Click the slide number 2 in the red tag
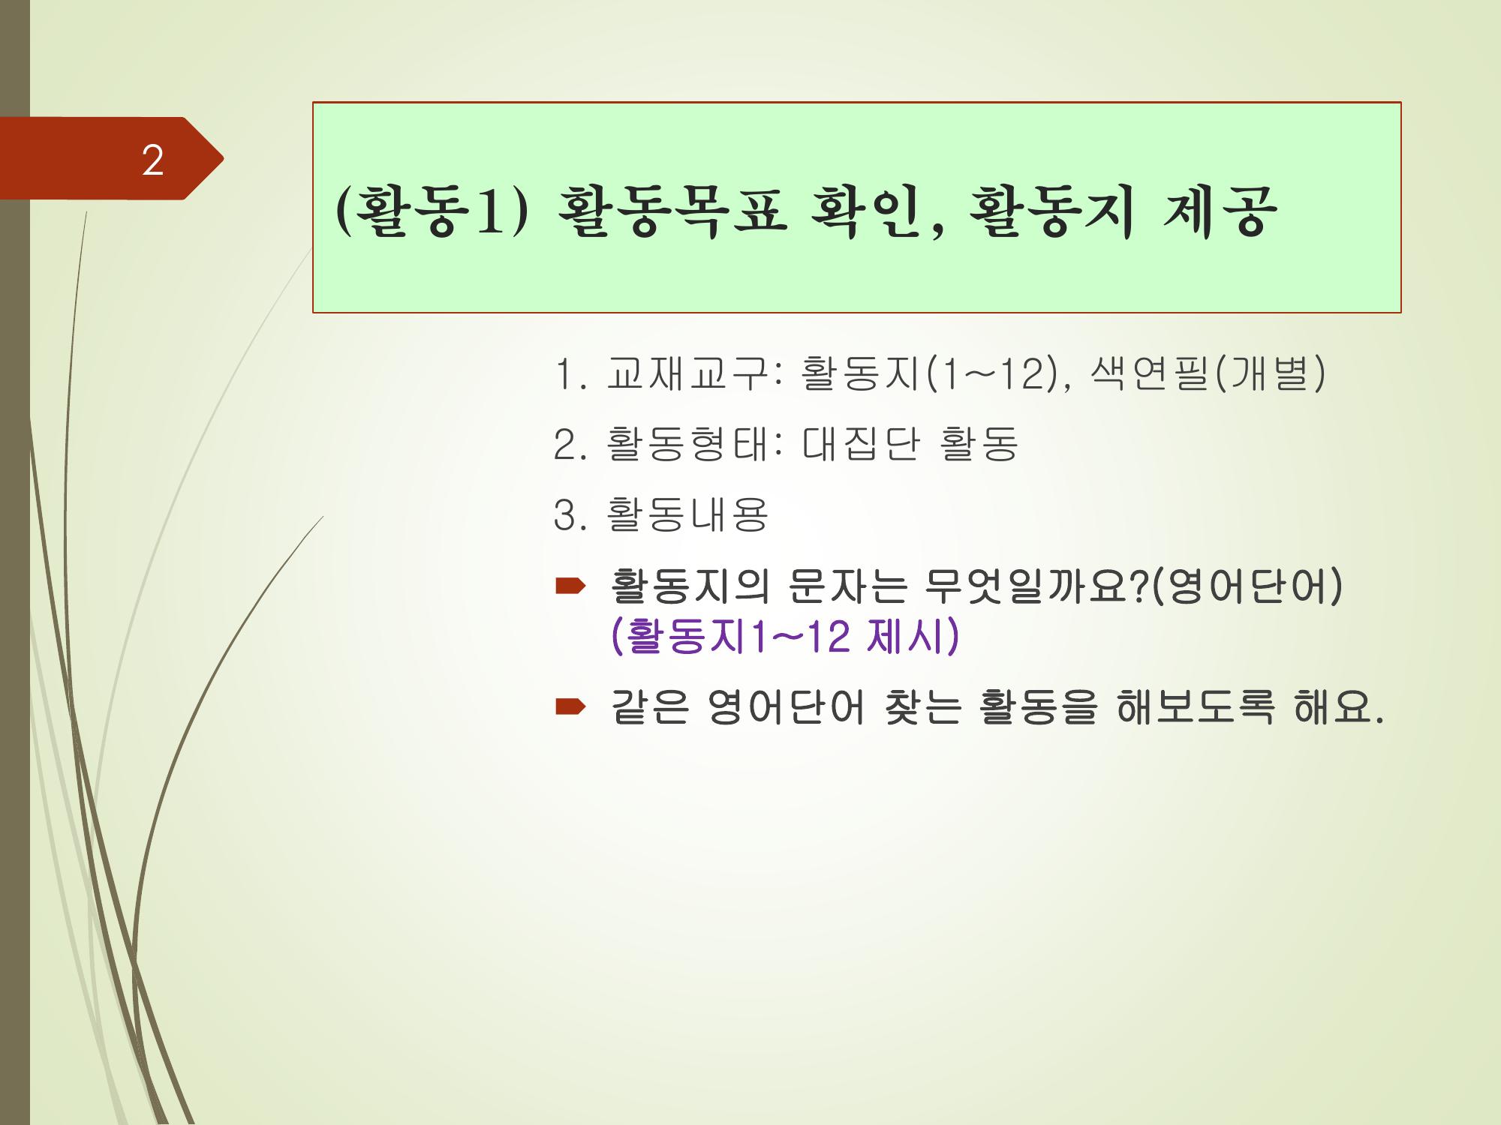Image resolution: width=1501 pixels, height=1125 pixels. tap(153, 160)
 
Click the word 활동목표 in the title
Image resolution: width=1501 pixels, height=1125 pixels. tap(672, 212)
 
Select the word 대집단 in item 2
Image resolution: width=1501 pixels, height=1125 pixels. tap(860, 444)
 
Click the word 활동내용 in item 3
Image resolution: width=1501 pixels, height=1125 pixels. tap(687, 514)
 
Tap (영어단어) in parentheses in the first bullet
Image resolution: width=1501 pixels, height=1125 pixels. tap(1244, 586)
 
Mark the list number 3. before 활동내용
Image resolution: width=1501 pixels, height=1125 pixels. tap(569, 515)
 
